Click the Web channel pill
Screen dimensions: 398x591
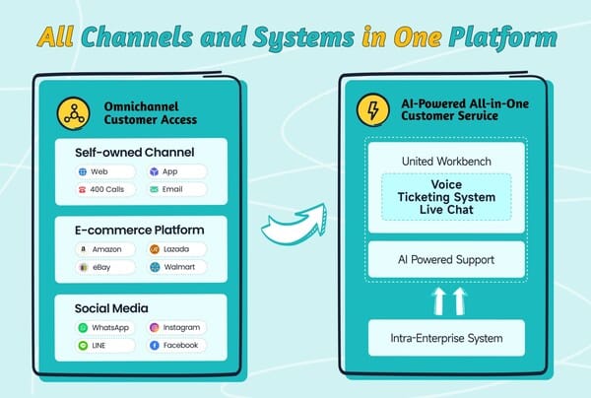click(x=105, y=171)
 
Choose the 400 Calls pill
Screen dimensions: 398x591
click(x=105, y=188)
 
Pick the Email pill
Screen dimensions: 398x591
click(x=176, y=188)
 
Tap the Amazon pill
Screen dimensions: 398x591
click(x=105, y=249)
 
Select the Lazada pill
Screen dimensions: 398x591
click(x=176, y=249)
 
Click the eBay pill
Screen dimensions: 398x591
click(x=105, y=267)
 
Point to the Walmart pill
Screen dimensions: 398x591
click(x=176, y=267)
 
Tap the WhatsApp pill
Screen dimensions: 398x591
click(x=105, y=327)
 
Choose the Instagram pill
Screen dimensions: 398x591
click(x=176, y=327)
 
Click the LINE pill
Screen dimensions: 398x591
click(x=105, y=345)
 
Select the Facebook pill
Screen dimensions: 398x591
click(x=176, y=345)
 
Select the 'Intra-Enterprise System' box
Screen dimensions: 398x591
click(x=446, y=338)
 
